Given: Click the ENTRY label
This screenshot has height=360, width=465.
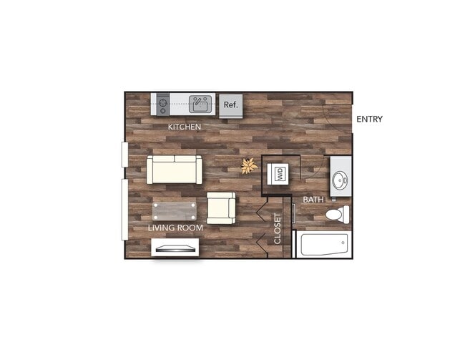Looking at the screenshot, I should click(369, 119).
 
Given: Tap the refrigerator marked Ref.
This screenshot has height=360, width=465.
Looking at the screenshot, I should click(230, 105).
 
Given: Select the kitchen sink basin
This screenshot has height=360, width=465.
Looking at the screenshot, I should click(200, 105).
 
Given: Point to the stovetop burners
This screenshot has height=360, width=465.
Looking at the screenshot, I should click(162, 105).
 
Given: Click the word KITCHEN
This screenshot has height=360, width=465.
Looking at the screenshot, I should click(184, 127).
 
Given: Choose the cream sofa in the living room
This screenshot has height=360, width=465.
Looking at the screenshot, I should click(174, 170).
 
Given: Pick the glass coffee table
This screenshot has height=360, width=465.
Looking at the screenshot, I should click(174, 211).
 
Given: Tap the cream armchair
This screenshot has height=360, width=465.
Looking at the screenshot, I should click(221, 208).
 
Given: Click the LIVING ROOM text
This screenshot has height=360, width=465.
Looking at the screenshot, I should click(175, 228).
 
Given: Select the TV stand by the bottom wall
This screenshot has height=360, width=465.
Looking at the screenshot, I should click(175, 248).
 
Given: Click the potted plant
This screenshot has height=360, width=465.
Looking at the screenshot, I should click(249, 166).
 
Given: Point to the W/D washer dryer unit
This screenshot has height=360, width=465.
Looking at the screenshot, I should click(280, 172).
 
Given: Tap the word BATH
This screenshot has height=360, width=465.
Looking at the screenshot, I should click(313, 199).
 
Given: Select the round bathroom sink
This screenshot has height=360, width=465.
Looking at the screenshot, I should click(340, 177).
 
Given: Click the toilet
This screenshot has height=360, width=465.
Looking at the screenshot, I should click(336, 214).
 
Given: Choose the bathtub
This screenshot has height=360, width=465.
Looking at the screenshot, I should click(323, 245).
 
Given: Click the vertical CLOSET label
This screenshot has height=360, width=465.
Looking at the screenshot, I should click(278, 229).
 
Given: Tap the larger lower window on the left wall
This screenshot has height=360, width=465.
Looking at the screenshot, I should click(124, 209).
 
